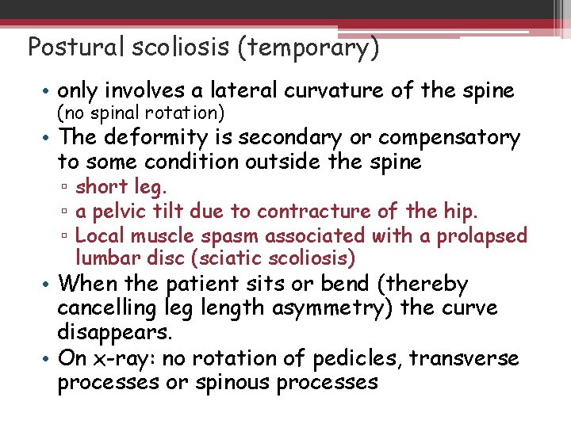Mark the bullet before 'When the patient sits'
coord(48,284)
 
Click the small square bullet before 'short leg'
coord(67,188)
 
